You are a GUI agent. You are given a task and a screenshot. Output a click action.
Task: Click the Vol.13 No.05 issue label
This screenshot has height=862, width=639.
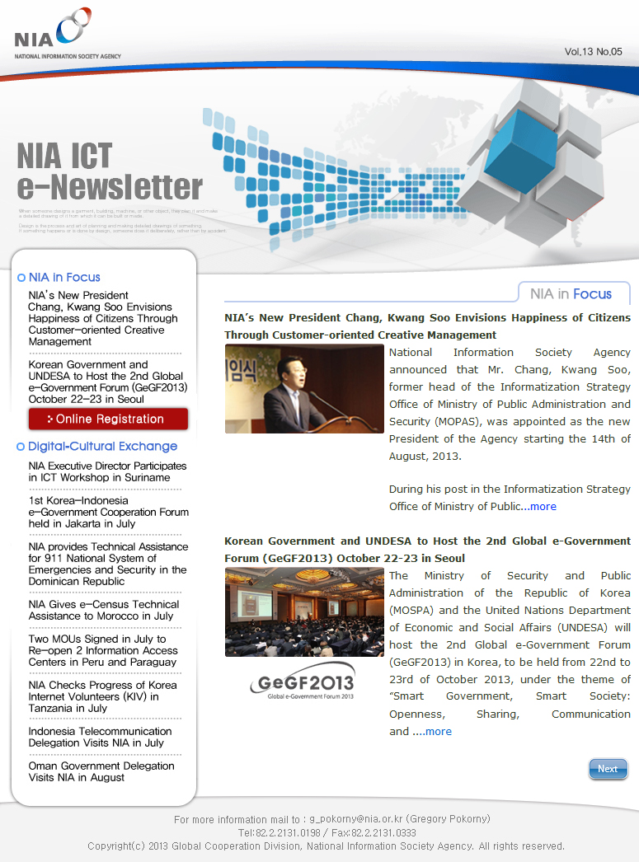coord(593,52)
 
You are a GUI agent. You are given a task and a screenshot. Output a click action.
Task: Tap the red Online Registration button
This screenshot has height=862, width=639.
coord(108,419)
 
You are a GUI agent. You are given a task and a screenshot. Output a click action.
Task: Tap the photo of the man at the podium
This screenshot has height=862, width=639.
coord(303,388)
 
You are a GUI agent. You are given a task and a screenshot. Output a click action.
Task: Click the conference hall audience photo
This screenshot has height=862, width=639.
coord(303,612)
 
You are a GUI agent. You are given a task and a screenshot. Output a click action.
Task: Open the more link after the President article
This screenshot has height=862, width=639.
coord(543,507)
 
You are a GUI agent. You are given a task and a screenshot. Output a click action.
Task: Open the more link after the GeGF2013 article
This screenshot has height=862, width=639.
coord(438,732)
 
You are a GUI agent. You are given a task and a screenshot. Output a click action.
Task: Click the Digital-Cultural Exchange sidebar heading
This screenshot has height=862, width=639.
coord(102,447)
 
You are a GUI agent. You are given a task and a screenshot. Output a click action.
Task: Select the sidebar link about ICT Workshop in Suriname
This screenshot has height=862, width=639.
coord(106,471)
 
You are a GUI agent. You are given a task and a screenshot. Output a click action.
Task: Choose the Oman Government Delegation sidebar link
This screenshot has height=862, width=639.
coord(101,771)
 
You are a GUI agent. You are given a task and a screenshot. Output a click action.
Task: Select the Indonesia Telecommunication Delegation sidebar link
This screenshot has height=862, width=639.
coord(100,737)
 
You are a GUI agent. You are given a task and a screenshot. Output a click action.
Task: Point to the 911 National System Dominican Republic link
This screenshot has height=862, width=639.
coord(107,564)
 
